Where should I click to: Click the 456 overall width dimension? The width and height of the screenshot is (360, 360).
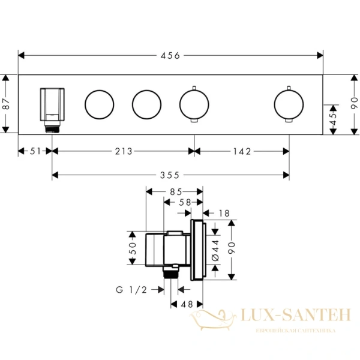(170, 56)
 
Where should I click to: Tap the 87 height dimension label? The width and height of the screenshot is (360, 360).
(5, 104)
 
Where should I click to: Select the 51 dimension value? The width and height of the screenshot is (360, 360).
(35, 151)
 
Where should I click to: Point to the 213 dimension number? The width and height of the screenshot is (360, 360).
(124, 151)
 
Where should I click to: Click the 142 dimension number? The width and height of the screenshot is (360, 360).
(242, 151)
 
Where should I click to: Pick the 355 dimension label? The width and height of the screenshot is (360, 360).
(169, 175)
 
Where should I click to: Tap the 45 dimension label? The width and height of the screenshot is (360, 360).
(333, 118)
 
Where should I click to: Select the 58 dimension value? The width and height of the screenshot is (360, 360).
(185, 202)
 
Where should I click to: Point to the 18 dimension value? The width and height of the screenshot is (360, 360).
(224, 213)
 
